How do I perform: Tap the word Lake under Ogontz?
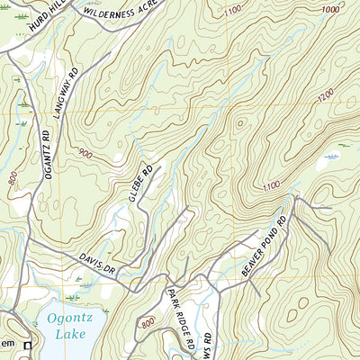71,334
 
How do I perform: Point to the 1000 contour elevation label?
330,8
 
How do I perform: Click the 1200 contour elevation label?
325,94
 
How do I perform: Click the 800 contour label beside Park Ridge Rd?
148,322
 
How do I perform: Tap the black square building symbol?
28,345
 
